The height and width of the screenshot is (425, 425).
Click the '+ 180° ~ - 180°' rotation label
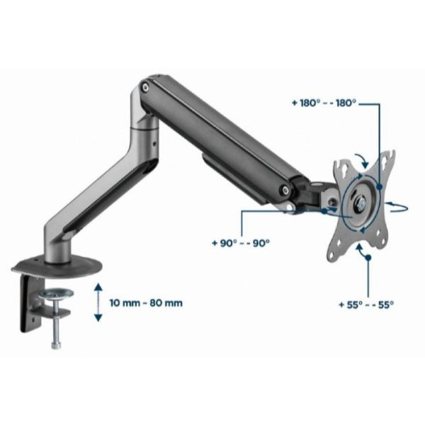324,103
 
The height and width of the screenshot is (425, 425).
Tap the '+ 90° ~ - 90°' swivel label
241,243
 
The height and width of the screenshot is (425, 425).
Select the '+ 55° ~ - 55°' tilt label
366,305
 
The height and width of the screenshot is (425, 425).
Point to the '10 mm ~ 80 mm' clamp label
146,302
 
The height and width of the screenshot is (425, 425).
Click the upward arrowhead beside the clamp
98,287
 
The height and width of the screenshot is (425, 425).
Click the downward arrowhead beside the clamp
98,317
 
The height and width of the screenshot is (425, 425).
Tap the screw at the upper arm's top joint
145,87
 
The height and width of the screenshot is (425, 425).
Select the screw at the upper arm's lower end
285,190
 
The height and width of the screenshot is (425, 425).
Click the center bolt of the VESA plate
361,203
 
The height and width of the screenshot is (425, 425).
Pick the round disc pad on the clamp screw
56,294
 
